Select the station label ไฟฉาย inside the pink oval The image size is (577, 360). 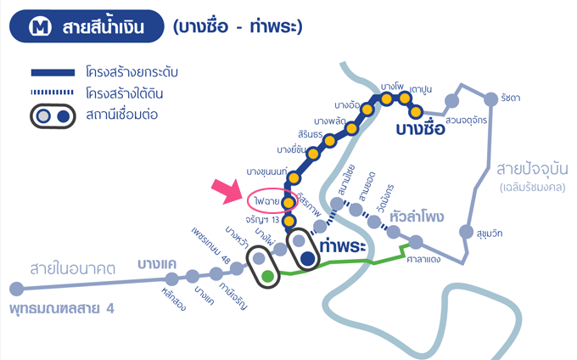266,201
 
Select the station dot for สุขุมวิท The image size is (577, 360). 465,232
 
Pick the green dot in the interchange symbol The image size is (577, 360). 268,275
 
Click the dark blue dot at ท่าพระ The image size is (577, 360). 308,258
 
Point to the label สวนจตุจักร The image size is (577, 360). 465,120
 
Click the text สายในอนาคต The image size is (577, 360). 72,268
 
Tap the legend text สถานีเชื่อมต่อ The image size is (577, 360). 123,115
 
